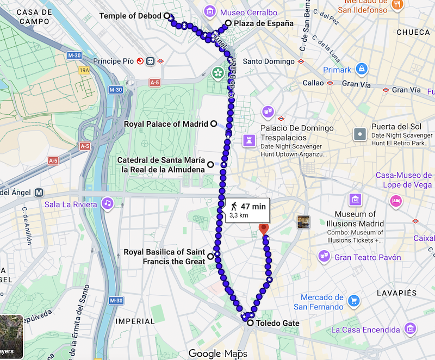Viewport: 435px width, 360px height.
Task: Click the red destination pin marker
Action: (x=264, y=229)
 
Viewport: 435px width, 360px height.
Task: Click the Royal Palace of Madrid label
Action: (x=166, y=124)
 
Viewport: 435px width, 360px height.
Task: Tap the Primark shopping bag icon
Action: (x=361, y=69)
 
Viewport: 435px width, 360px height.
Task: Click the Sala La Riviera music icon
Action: (x=108, y=203)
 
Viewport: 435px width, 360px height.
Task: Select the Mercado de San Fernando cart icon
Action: (x=354, y=301)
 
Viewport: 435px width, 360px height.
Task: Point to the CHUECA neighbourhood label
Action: (x=413, y=32)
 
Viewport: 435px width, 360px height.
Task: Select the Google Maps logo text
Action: (x=217, y=353)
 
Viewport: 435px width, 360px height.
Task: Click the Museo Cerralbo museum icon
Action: (x=209, y=11)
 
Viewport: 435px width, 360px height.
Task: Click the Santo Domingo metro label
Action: (x=268, y=61)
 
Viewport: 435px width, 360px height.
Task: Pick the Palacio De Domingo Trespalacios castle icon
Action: (x=250, y=140)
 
